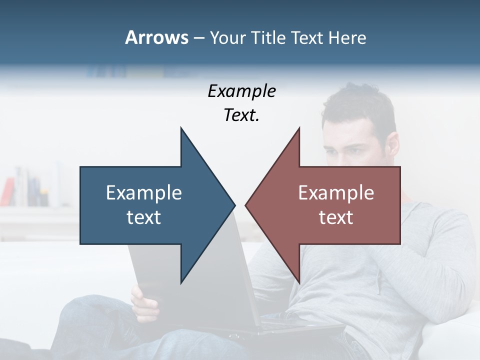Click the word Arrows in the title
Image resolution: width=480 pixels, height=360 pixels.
156,37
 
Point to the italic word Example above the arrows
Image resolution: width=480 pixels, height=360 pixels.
241,91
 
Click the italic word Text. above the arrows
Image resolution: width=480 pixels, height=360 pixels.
241,115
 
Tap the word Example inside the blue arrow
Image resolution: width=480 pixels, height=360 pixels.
144,193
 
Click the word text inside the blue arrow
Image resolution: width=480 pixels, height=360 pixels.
144,217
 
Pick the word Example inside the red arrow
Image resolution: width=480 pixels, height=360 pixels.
336,193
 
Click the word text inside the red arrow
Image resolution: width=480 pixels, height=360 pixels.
336,217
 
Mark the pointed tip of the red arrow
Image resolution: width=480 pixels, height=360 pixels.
247,205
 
